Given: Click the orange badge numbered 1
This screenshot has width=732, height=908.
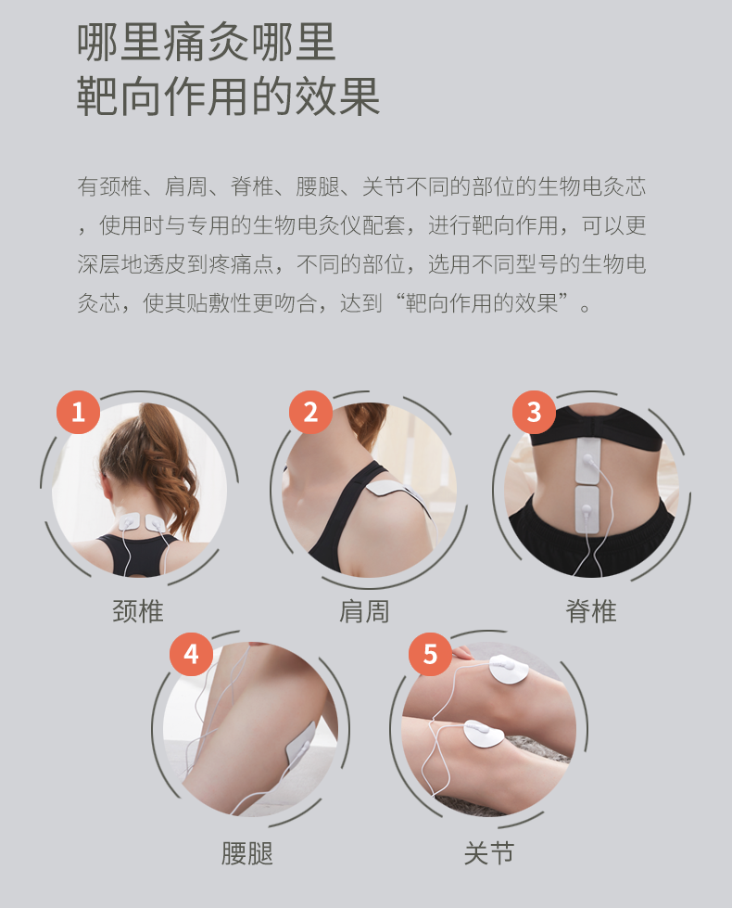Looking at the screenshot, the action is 78,413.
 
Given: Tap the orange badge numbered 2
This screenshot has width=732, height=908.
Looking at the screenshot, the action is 310,413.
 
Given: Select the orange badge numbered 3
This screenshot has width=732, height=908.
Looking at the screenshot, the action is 534,413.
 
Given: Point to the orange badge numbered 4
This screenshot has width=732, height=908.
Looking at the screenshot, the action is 191,655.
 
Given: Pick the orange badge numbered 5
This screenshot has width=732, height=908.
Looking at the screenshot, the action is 430,655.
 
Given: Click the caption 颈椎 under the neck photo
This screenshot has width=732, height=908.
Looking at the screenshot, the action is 138,611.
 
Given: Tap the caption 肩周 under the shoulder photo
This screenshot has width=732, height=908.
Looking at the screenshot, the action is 364,611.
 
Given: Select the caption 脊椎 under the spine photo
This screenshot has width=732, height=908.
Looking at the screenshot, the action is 591,611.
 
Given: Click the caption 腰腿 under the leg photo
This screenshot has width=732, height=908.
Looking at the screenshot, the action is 247,853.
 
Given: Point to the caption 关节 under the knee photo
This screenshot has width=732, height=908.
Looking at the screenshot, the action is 489,853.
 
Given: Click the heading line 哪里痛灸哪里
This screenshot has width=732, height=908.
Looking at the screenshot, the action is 207,43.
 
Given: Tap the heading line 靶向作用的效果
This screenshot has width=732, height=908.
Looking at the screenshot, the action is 229,96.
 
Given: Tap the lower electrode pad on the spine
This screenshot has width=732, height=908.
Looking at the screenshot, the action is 587,510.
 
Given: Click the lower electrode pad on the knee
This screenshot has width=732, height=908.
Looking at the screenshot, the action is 484,735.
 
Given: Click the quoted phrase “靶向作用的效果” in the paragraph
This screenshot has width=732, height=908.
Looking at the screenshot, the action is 482,302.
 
